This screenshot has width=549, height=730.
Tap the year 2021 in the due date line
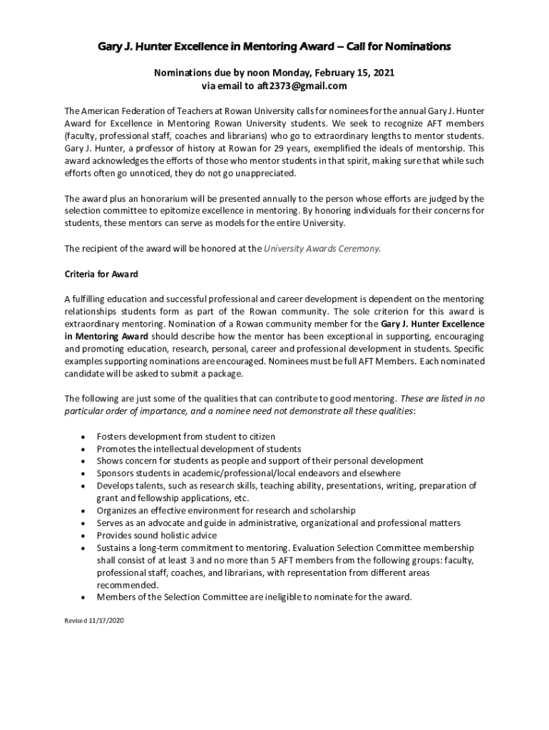point(381,73)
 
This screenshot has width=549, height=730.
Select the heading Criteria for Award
point(101,274)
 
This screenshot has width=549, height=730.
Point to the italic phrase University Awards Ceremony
point(322,248)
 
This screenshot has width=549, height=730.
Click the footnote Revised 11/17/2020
point(94,621)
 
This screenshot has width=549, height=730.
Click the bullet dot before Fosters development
point(86,436)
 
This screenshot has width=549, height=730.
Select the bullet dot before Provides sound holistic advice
point(86,535)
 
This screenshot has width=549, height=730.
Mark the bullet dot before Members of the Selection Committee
point(86,597)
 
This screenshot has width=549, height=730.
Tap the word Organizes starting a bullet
point(119,510)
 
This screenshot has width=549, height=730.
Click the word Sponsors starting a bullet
point(117,473)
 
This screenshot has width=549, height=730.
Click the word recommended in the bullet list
point(126,585)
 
